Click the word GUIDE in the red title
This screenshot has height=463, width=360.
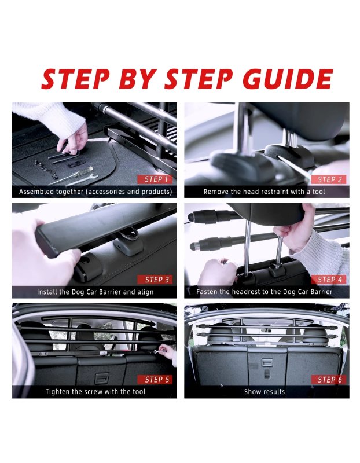288,79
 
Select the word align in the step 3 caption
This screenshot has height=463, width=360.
145,292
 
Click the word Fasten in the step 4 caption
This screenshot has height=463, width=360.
207,292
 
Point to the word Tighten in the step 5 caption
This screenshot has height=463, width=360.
57,392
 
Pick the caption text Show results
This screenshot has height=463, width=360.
265,392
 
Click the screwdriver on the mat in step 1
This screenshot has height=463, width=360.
73,174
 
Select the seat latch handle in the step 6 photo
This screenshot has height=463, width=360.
267,363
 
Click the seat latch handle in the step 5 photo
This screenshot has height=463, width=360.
102,378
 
